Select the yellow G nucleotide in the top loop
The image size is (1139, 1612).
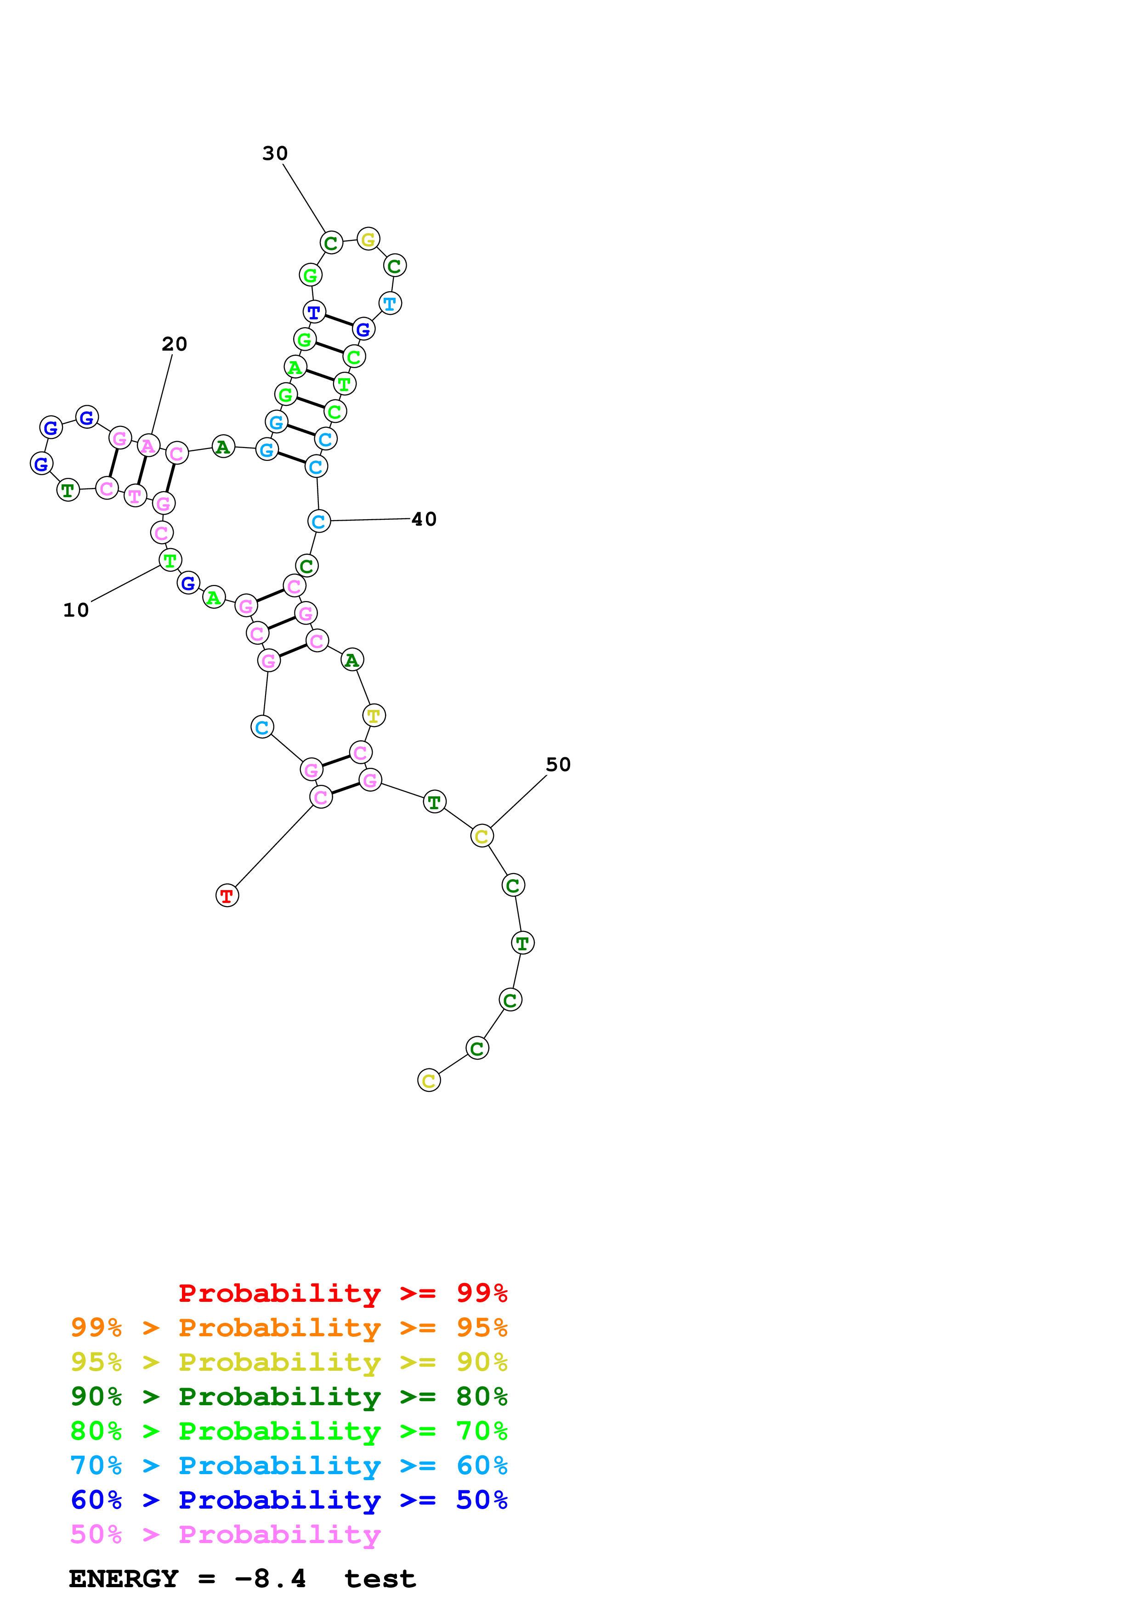[368, 239]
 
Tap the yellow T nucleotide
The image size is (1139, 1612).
[374, 715]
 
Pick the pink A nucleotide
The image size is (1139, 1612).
[147, 446]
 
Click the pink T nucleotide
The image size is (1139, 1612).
[135, 496]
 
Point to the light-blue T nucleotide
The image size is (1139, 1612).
[390, 304]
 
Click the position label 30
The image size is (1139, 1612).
[275, 153]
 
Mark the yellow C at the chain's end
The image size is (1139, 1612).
[429, 1080]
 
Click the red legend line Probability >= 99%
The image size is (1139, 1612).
[342, 1293]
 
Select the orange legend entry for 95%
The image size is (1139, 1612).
[289, 1327]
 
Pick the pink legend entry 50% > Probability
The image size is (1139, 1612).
[225, 1534]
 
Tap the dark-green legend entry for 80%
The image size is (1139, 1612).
[289, 1396]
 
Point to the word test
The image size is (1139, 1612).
[380, 1578]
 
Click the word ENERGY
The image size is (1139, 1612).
[124, 1578]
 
